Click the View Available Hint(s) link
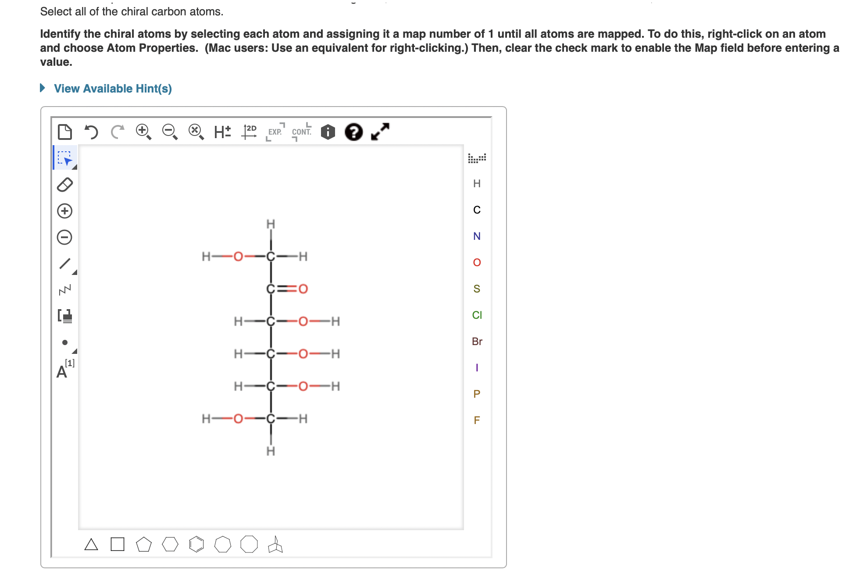click(112, 89)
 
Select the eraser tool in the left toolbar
click(65, 185)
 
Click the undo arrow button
click(91, 132)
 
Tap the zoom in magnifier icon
click(143, 131)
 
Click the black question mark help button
click(353, 132)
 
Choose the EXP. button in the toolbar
click(275, 132)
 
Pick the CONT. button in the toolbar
click(301, 132)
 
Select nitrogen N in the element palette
click(477, 236)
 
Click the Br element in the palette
click(477, 342)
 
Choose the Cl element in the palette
click(477, 315)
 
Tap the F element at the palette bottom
click(477, 421)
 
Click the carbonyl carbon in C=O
click(271, 289)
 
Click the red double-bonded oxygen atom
click(303, 289)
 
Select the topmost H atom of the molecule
click(271, 224)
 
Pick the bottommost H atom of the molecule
click(271, 451)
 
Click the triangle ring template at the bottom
click(91, 545)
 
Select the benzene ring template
click(196, 545)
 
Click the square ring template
click(118, 545)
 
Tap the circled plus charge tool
click(65, 211)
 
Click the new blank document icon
click(65, 132)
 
